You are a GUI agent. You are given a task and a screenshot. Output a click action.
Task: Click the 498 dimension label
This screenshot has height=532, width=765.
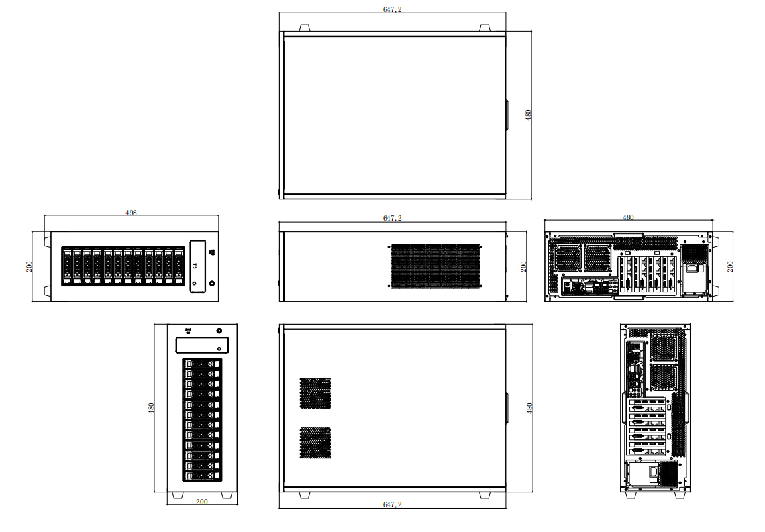coord(132,213)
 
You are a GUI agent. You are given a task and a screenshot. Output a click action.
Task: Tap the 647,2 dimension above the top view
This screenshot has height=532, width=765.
coord(392,9)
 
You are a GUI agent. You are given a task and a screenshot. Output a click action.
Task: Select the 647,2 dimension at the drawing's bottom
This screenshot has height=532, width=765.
coord(392,504)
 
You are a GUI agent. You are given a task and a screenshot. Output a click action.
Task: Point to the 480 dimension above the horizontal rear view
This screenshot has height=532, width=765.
coord(628,217)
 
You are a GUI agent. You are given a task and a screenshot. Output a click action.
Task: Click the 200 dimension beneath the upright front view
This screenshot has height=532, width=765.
coord(201,502)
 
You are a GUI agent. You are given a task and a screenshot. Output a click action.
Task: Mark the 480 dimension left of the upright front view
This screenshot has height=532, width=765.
coord(152,407)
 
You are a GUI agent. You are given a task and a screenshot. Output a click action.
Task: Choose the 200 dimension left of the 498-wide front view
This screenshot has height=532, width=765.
coord(29,266)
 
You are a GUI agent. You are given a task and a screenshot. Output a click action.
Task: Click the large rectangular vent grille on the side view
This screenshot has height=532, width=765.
coord(436,266)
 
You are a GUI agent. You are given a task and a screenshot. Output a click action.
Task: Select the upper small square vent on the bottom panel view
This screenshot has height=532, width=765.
coord(315,394)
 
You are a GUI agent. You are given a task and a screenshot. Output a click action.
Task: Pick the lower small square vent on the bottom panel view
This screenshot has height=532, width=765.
coord(315,443)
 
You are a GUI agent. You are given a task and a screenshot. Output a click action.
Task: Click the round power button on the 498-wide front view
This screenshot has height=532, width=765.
coord(213,284)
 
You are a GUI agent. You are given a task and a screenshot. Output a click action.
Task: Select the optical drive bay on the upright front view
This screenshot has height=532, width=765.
coord(202,345)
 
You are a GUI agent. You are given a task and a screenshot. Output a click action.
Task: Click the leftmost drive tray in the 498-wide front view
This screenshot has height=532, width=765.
coord(67,267)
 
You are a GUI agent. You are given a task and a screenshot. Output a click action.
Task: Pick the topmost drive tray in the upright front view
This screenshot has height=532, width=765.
coord(202,364)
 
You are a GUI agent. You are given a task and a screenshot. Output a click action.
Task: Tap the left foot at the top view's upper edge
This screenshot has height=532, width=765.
coord(303,28)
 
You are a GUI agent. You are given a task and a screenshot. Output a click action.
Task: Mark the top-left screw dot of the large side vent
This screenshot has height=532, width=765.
coord(389,247)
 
